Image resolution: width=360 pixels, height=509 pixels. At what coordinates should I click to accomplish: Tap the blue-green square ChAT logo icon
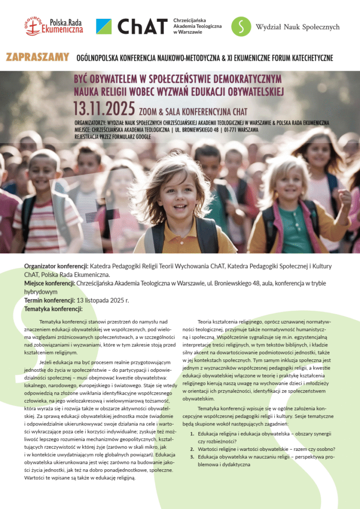pyautogui.click(x=103, y=26)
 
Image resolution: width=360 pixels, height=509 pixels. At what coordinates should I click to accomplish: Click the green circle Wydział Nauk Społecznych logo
pyautogui.click(x=241, y=26)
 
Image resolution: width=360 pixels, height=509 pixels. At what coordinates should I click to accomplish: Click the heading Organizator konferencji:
pyautogui.click(x=56, y=266)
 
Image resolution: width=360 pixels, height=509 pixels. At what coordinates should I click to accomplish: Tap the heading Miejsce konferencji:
pyautogui.click(x=49, y=283)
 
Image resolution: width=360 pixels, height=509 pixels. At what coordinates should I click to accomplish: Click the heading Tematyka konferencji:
pyautogui.click(x=53, y=309)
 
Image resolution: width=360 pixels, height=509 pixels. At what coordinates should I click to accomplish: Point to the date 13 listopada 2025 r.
pyautogui.click(x=102, y=301)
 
